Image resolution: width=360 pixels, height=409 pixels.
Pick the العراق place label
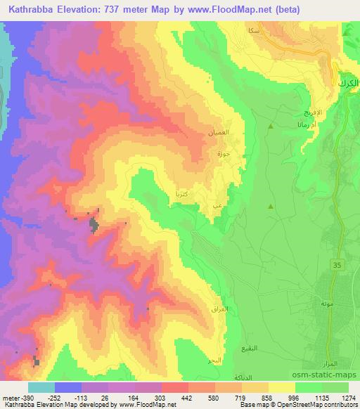pos(217,309)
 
